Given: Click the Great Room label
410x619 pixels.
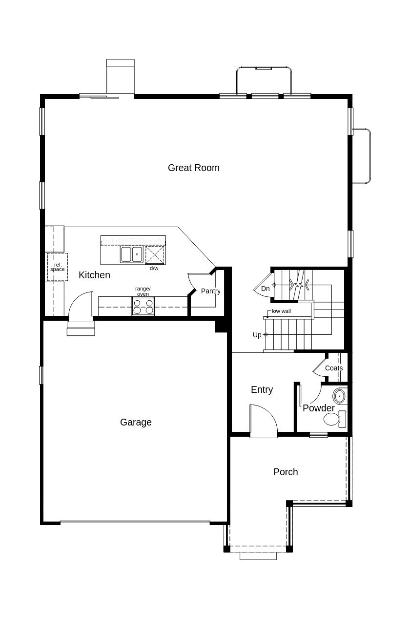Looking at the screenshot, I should pyautogui.click(x=194, y=168).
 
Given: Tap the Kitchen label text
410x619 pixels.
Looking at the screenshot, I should pyautogui.click(x=94, y=275).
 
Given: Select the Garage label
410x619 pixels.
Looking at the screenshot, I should pyautogui.click(x=136, y=422).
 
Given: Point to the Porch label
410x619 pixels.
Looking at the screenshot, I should pyautogui.click(x=286, y=472).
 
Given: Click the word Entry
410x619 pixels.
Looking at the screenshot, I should pyautogui.click(x=262, y=389).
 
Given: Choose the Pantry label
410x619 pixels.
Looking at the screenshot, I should pyautogui.click(x=210, y=291).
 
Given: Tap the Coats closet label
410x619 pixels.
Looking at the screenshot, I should pyautogui.click(x=334, y=368).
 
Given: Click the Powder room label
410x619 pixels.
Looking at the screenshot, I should pyautogui.click(x=319, y=408).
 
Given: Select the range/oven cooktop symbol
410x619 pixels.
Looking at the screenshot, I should pyautogui.click(x=143, y=306).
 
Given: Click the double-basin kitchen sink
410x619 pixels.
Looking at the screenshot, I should pyautogui.click(x=132, y=254).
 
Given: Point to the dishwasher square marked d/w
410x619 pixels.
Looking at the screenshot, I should pyautogui.click(x=155, y=255).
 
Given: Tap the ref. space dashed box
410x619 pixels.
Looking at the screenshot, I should pyautogui.click(x=57, y=267).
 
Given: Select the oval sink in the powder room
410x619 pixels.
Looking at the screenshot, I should pyautogui.click(x=340, y=396).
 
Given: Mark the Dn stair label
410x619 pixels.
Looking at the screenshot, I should pyautogui.click(x=265, y=289).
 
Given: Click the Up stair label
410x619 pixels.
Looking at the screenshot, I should pyautogui.click(x=257, y=335).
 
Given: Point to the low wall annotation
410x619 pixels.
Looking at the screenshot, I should pyautogui.click(x=281, y=311).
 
